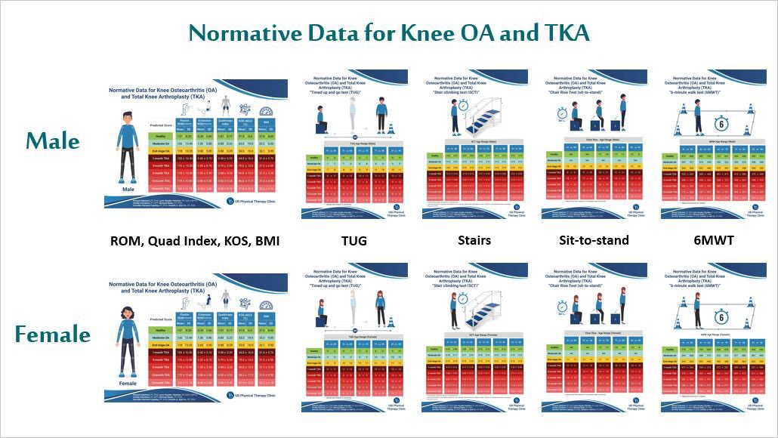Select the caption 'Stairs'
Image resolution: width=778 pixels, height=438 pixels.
(475, 241)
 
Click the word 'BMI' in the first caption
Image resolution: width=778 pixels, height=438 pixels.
(265, 241)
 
